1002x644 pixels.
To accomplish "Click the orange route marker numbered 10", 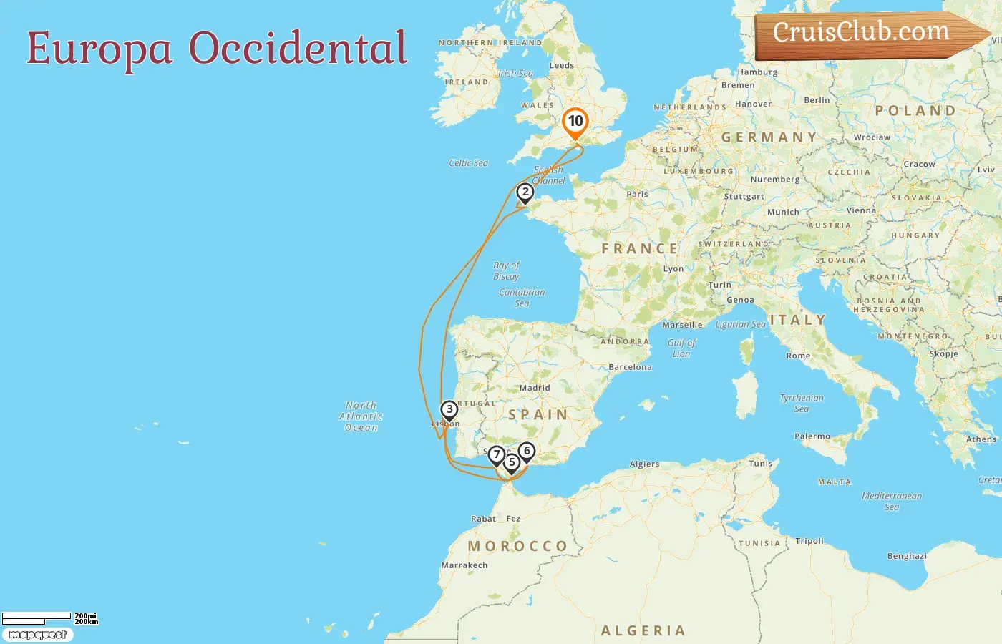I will coord(575,122).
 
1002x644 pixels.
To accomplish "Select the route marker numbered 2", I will coord(525,192).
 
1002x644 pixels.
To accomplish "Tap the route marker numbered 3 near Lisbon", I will coord(449,409).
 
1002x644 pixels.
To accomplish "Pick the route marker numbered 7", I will coord(496,454).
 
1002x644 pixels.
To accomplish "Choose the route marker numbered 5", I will coord(512,462).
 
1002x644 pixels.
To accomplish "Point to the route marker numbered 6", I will coord(527,451).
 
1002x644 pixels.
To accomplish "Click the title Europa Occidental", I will coord(217,48).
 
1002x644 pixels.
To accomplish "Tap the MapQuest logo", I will coord(37,635).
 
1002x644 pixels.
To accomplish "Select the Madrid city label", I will coord(535,388).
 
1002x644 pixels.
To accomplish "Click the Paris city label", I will coord(637,194).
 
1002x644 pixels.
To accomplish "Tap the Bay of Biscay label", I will coord(506,270).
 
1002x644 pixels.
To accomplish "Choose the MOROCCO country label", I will coord(517,546).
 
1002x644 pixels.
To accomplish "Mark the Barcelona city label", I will coord(630,367).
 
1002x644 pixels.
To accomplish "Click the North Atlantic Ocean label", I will coord(361,416).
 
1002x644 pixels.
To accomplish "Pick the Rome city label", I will coord(798,356).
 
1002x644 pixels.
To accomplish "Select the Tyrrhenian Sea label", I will coord(802,403).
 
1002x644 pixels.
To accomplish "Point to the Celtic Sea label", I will coord(468,163).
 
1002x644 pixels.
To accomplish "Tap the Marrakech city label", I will coord(464,565).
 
